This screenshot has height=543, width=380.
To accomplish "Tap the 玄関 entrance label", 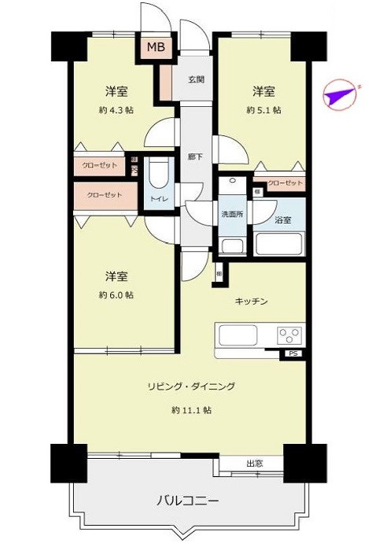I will pyautogui.click(x=197, y=80).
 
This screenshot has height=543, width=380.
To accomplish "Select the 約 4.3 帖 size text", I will pyautogui.click(x=116, y=110).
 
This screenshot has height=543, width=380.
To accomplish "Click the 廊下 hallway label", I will pyautogui.click(x=196, y=157).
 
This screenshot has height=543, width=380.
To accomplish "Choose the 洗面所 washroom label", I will pyautogui.click(x=231, y=215).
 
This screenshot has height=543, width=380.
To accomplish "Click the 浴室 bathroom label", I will pyautogui.click(x=284, y=220).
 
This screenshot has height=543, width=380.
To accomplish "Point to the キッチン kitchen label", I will pyautogui.click(x=253, y=301).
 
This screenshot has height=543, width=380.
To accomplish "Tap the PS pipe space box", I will pyautogui.click(x=293, y=354).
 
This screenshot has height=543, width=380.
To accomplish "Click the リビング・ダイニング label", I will pyautogui.click(x=190, y=386).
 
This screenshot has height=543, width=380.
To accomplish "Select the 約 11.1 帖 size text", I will pyautogui.click(x=190, y=410).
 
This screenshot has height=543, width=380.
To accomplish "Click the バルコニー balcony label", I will pyautogui.click(x=186, y=500).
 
